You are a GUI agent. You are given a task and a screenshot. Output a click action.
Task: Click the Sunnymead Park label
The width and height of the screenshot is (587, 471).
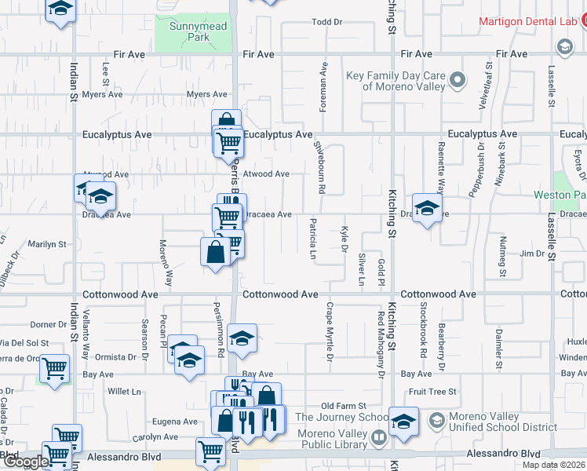[x=193, y=31]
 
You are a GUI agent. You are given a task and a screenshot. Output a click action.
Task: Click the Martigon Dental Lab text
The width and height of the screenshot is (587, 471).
[x=528, y=21]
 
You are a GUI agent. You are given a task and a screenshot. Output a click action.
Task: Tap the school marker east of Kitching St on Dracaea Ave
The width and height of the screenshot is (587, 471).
[x=427, y=209]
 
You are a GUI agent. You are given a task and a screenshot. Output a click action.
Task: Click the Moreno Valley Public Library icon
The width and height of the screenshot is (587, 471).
[x=379, y=436]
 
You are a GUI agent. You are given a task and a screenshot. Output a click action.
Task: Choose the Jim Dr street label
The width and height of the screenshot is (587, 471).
[x=531, y=254]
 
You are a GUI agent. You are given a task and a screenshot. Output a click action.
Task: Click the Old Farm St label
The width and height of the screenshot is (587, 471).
[x=344, y=406]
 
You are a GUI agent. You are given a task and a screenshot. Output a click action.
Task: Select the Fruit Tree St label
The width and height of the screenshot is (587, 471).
[x=432, y=391]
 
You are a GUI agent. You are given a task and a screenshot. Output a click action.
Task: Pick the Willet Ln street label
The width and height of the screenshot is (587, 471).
[x=124, y=391]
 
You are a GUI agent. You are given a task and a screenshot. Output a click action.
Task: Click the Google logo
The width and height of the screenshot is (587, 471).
[x=25, y=462]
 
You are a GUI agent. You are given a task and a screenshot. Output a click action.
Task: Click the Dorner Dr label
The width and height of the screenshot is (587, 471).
[x=49, y=324]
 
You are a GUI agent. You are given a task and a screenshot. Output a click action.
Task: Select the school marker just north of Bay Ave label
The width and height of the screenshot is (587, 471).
[x=242, y=338]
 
